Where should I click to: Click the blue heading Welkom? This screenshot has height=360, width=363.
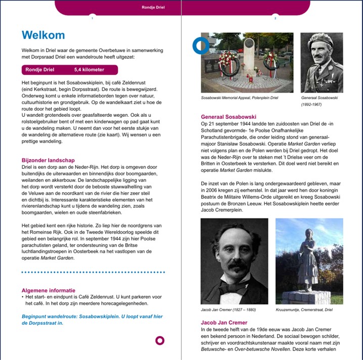[x=43, y=35]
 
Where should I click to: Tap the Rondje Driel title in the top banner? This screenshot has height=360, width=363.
[x=154, y=8]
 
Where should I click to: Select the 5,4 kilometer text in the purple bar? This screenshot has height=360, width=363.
[x=89, y=70]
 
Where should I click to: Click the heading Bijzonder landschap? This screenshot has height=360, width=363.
[x=49, y=160]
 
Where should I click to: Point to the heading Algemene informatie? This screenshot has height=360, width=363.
[x=49, y=290]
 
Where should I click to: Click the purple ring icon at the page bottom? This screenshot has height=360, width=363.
[x=160, y=340]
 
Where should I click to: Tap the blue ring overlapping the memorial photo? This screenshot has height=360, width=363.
[x=201, y=46]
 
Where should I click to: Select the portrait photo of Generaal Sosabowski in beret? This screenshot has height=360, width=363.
[x=322, y=62]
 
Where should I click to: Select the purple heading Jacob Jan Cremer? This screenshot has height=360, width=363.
[x=224, y=323]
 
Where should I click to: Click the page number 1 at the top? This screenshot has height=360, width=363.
[x=92, y=19]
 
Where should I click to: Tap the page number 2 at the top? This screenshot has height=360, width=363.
[x=275, y=19]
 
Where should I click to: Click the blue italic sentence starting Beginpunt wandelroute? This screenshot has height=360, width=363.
[x=92, y=320]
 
